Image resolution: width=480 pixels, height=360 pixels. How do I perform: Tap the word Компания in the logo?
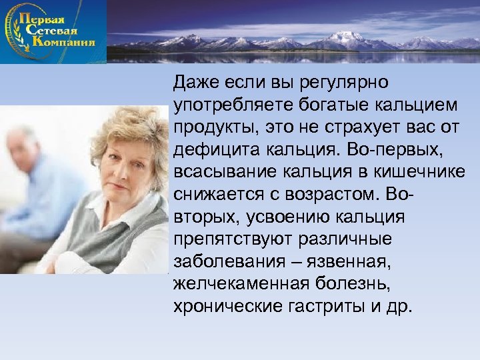click(63, 42)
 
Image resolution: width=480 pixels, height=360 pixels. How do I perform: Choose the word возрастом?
click(331, 194)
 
